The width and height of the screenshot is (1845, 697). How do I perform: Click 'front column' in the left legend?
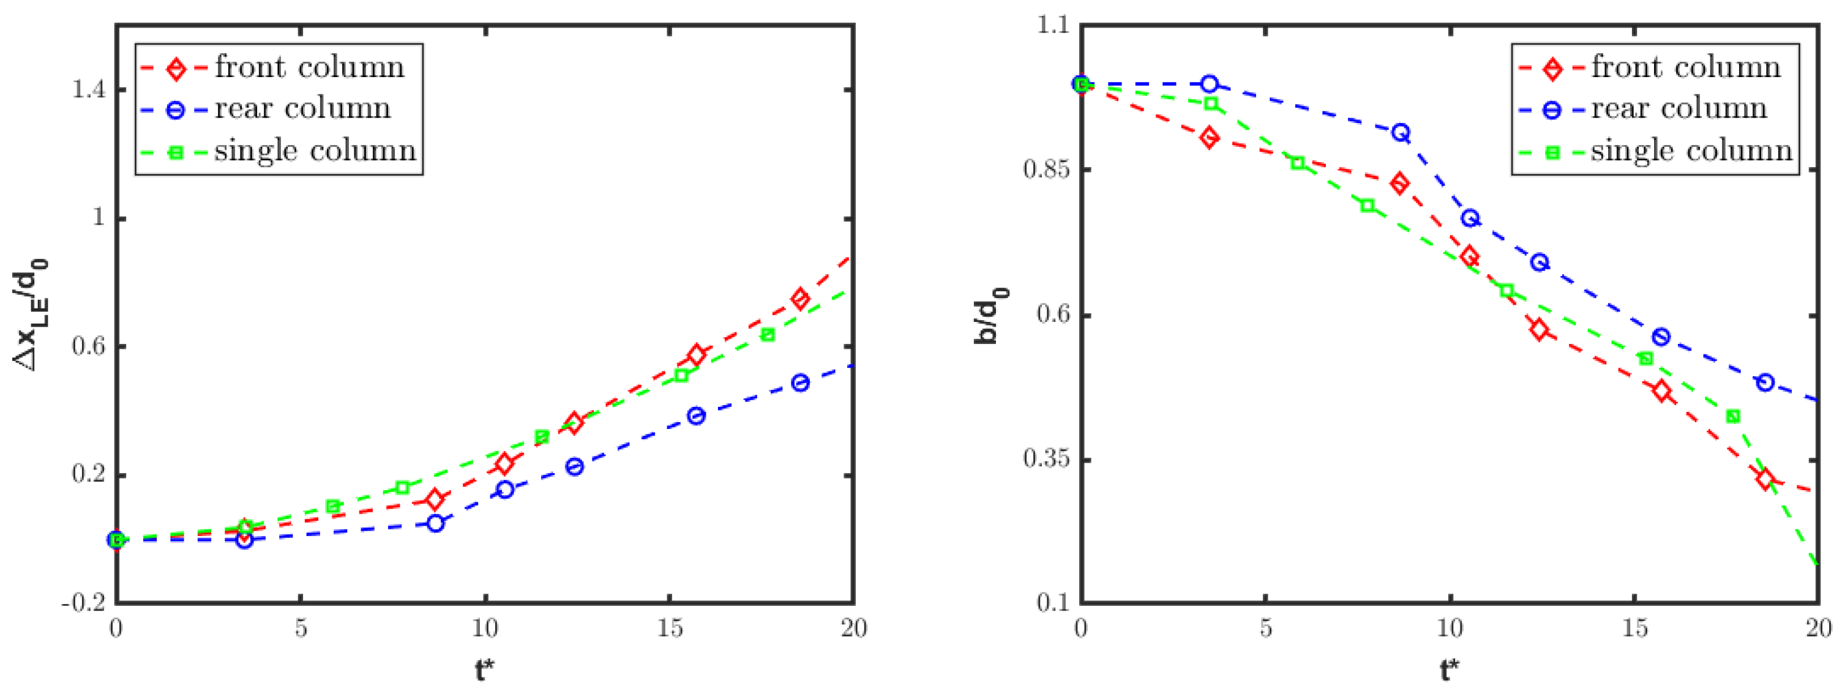309,67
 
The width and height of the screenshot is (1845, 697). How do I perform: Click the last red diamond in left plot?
800,299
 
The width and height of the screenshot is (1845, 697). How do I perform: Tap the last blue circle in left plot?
800,382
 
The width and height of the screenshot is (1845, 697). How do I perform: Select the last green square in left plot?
768,335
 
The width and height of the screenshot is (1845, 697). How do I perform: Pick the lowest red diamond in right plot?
1765,479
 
